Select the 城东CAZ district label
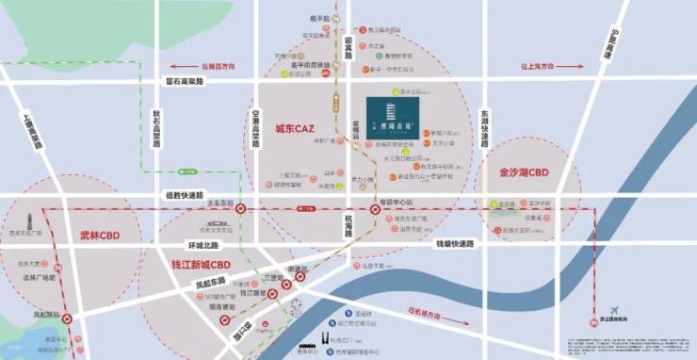tap(295, 127)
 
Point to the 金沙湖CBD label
tap(524, 173)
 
